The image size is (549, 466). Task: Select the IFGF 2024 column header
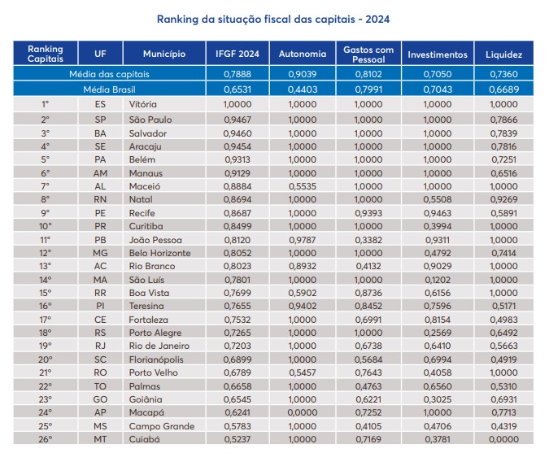click(x=237, y=54)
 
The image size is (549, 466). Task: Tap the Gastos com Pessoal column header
click(x=368, y=54)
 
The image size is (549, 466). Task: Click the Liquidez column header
click(x=503, y=54)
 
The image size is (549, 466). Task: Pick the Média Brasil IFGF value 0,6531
click(x=237, y=88)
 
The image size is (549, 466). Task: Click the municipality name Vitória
click(x=142, y=105)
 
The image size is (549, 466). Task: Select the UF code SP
click(x=101, y=119)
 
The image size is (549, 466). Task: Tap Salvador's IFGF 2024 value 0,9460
click(x=237, y=133)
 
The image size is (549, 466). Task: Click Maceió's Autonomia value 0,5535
click(x=303, y=186)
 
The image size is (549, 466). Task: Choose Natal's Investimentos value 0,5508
click(x=437, y=199)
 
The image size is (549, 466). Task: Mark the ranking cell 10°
click(x=46, y=226)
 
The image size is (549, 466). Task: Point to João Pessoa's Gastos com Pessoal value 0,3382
click(x=368, y=240)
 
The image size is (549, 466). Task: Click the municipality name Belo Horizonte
click(x=160, y=253)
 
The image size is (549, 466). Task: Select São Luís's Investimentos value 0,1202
click(x=437, y=280)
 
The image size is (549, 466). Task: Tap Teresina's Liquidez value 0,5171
click(x=503, y=307)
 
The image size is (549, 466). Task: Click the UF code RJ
click(x=101, y=346)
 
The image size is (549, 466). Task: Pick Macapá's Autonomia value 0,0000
click(x=303, y=413)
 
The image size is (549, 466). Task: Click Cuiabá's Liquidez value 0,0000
click(x=503, y=440)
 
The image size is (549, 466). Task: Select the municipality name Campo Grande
click(x=161, y=427)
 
